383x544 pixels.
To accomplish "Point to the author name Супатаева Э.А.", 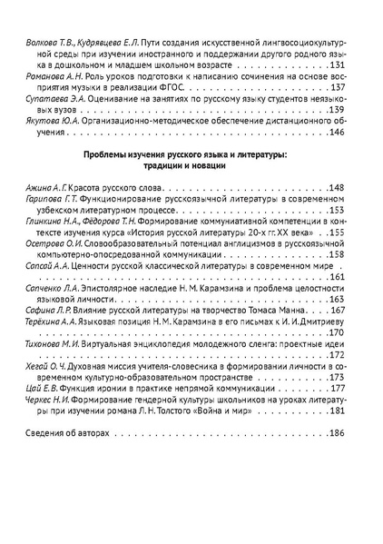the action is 50,99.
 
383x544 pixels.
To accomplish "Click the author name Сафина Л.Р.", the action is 44,309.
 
